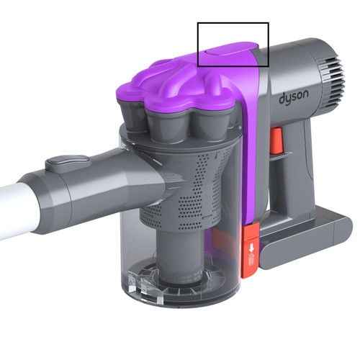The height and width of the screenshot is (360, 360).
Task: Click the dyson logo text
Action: click(x=294, y=96)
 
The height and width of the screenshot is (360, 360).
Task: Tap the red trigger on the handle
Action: click(x=276, y=140)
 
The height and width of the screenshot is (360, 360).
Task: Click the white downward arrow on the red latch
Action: click(x=251, y=248)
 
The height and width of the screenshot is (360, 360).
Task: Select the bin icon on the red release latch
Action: click(x=251, y=259)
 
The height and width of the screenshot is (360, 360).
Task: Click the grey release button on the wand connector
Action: click(x=68, y=163)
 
